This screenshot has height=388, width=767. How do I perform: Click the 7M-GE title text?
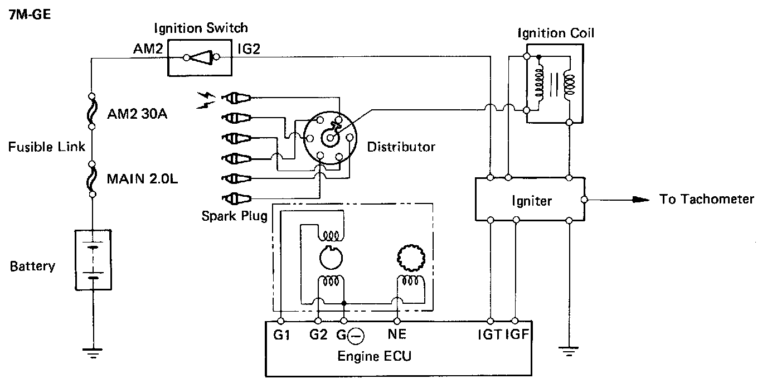pos(30,14)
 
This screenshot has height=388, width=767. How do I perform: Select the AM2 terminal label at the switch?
pos(148,48)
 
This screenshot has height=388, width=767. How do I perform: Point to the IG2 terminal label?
pos(249,49)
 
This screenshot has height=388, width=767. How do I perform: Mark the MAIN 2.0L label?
pos(142,179)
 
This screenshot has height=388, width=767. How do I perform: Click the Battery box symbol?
pos(93,260)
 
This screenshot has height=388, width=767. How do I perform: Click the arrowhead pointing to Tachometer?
pos(641,200)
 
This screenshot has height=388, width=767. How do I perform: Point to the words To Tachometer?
pos(706,199)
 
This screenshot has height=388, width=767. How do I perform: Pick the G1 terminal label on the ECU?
pos(282,335)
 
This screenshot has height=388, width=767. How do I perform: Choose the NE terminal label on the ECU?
pos(397,334)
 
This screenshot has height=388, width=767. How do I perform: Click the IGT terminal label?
pos(490,334)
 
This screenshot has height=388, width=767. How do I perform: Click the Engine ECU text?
pos(374,356)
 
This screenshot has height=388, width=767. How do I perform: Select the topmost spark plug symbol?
pos(236,98)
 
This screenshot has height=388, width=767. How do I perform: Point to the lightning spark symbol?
pos(206,100)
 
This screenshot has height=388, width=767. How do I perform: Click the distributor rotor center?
pos(330,138)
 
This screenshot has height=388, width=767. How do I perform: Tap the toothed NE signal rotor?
pos(411,258)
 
